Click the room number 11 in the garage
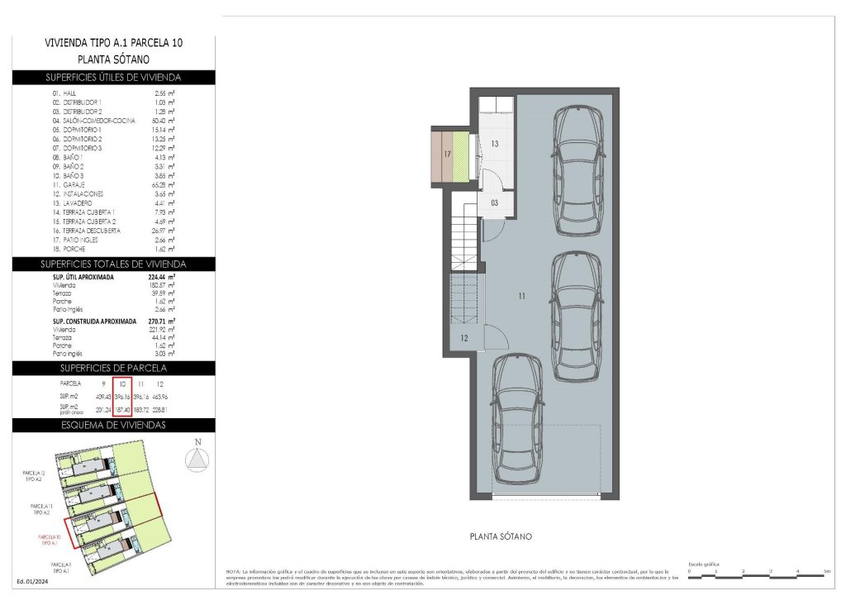click(522, 295)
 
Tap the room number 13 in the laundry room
click(495, 144)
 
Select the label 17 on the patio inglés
click(446, 155)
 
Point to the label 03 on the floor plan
click(495, 202)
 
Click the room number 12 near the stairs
click(464, 338)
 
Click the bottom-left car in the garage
click(518, 418)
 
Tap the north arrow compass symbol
click(197, 459)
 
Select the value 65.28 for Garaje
click(164, 185)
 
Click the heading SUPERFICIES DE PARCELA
click(114, 367)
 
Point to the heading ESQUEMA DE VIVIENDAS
click(114, 425)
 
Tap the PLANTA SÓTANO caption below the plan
click(501, 536)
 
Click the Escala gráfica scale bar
click(758, 570)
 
